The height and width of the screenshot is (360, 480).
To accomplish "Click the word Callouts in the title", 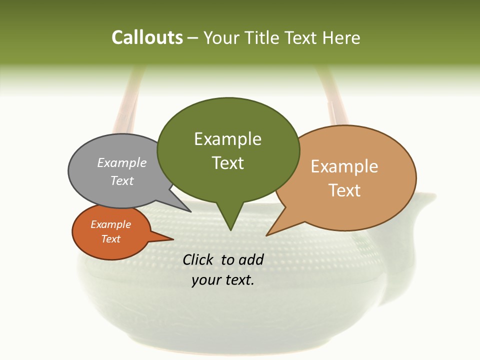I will point(147,38).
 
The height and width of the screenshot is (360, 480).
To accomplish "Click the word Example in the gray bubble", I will point(122,162).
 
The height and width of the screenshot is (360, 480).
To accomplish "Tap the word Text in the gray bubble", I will point(122,180).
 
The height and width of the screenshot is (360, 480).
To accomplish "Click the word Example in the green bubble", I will point(227,139).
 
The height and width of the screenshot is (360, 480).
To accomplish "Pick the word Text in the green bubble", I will point(227,163).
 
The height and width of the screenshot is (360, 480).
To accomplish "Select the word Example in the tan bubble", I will point(344,166).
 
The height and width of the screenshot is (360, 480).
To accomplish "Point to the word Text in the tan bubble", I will point(344,190).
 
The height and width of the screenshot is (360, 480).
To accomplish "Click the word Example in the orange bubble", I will point(110,224).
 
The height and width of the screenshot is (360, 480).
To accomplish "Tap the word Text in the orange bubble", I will point(110,239).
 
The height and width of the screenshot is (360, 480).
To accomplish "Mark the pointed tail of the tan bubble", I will point(270,232).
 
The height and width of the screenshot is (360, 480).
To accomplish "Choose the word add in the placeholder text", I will point(250,259).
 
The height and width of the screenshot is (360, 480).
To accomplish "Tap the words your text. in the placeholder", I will point(223,280).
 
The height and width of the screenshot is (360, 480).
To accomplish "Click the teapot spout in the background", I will point(417,210).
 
